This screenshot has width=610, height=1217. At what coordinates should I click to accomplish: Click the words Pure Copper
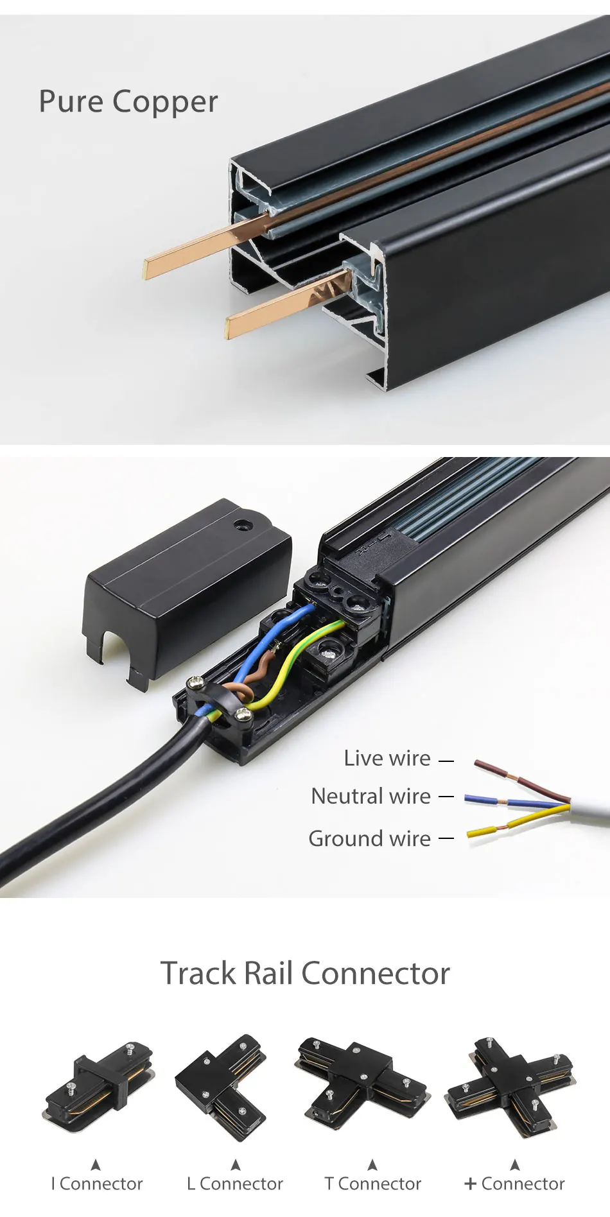pyautogui.click(x=128, y=102)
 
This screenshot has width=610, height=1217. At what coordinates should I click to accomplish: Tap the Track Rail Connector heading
pyautogui.click(x=305, y=973)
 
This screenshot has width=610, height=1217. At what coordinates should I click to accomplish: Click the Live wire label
pyautogui.click(x=387, y=758)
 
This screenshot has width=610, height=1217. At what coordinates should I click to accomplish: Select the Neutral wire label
pyautogui.click(x=370, y=797)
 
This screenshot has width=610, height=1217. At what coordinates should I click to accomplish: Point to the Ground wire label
pyautogui.click(x=369, y=838)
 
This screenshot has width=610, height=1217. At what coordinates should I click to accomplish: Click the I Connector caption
pyautogui.click(x=96, y=1184)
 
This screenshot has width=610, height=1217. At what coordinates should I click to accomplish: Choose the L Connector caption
pyautogui.click(x=235, y=1184)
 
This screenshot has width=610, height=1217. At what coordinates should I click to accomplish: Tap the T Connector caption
pyautogui.click(x=373, y=1184)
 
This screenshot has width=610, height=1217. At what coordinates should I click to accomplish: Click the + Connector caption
pyautogui.click(x=514, y=1184)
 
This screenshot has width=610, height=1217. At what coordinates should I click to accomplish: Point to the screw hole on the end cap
pyautogui.click(x=242, y=525)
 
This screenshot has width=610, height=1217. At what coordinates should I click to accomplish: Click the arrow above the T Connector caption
pyautogui.click(x=372, y=1164)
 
